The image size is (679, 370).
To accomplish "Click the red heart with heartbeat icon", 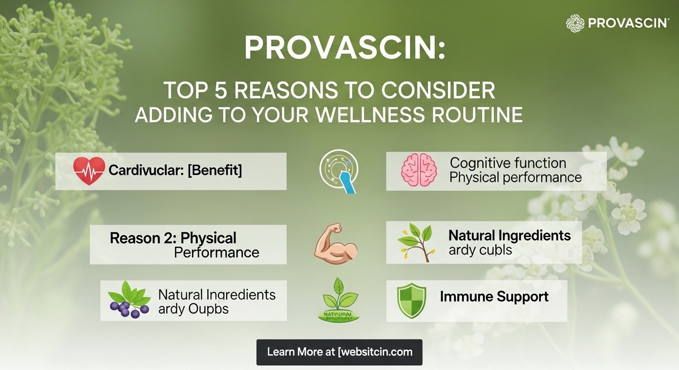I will (x=89, y=171).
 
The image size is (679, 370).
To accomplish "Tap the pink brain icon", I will (x=419, y=171).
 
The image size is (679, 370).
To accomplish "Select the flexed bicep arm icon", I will (x=336, y=244).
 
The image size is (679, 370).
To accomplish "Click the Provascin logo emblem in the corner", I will (x=575, y=23).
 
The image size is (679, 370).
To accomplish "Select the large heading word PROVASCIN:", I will (x=344, y=48).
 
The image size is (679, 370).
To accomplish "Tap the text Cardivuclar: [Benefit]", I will (x=175, y=170).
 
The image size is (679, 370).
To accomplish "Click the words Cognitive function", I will (x=507, y=163).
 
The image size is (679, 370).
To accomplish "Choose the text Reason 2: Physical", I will (x=173, y=238).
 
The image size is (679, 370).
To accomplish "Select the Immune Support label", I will (x=494, y=296).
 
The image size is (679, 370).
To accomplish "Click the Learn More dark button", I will (x=339, y=352).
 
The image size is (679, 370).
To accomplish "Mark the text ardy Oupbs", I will (x=193, y=309).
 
